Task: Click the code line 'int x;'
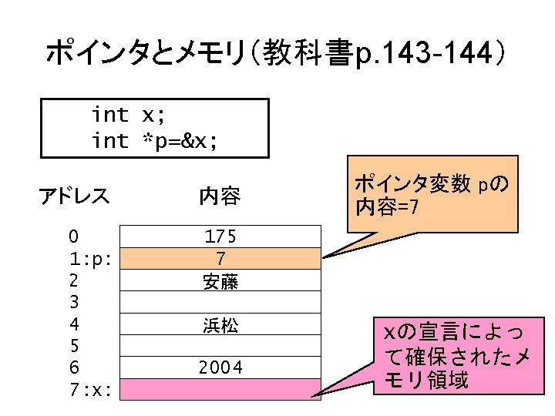click(127, 116)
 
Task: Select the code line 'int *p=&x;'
click(154, 140)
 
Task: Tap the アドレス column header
click(75, 196)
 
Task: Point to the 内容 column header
click(220, 197)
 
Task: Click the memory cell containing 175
click(220, 236)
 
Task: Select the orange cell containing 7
click(220, 258)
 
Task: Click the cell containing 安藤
click(220, 280)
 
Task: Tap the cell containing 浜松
click(220, 324)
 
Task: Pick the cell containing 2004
click(220, 368)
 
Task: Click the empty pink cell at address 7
click(220, 389)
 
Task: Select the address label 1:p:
click(91, 258)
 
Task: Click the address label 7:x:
click(91, 390)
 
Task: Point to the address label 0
click(72, 236)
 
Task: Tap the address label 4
click(72, 324)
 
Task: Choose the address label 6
click(72, 368)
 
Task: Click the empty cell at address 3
click(220, 302)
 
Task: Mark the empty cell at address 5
click(220, 346)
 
